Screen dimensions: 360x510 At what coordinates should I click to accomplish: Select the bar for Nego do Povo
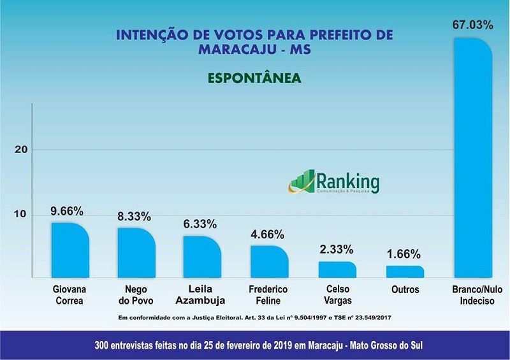point(136,253)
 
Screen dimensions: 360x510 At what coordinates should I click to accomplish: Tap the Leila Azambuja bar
point(202,257)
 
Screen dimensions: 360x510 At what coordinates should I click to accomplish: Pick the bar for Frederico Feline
point(269,262)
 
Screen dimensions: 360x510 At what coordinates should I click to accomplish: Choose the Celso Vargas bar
point(337,270)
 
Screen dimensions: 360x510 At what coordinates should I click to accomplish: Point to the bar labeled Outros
point(405,272)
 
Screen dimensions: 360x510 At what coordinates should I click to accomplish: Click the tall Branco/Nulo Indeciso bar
point(472,159)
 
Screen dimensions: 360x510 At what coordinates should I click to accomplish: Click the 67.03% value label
point(472,25)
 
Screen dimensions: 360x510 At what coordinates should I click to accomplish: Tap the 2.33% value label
point(337,249)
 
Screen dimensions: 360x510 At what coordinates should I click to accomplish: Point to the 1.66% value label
point(405,254)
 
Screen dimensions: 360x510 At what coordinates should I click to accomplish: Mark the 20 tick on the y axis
point(20,149)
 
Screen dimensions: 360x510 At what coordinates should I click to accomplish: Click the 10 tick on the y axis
point(20,214)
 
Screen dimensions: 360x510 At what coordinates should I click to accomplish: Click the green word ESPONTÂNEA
point(254,78)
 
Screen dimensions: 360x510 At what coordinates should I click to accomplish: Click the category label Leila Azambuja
point(202,295)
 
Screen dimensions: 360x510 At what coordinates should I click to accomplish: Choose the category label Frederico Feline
point(269,295)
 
